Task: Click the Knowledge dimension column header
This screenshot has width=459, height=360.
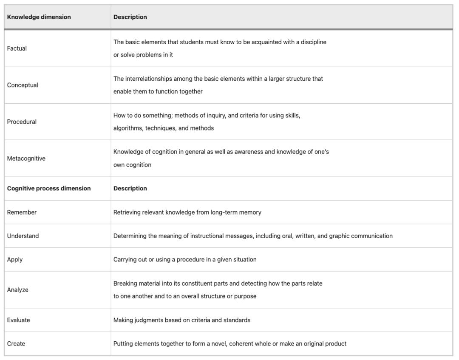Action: click(x=39, y=17)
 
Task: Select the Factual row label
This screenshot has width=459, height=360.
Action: click(x=17, y=48)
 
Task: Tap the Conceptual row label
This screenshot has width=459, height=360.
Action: click(x=22, y=85)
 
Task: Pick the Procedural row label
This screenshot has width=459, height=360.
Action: click(x=22, y=122)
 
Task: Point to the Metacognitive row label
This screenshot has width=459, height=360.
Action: click(x=26, y=159)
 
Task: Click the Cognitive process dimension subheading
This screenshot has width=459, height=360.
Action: click(x=48, y=188)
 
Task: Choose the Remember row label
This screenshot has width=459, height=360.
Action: click(x=22, y=212)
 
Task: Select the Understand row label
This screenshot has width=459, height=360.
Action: click(x=23, y=236)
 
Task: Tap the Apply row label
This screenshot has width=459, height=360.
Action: click(x=14, y=259)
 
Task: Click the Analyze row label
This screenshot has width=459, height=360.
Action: click(x=17, y=290)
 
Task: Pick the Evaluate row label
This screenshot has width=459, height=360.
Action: click(x=18, y=320)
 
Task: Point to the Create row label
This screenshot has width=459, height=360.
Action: click(x=16, y=343)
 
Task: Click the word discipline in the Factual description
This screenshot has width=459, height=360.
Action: click(x=313, y=42)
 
